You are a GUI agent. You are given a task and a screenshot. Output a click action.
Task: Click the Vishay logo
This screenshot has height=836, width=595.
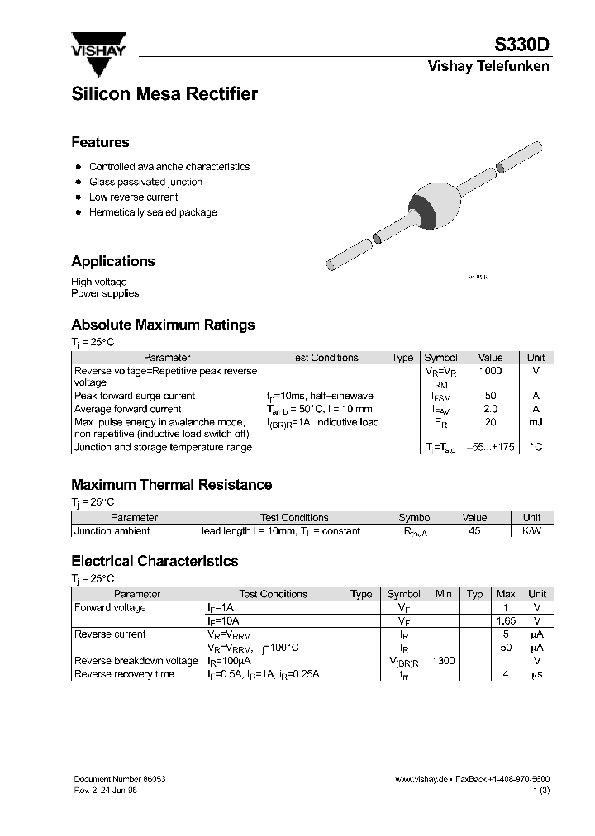[x=98, y=45]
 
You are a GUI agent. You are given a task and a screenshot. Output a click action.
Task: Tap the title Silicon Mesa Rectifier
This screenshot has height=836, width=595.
[x=164, y=94]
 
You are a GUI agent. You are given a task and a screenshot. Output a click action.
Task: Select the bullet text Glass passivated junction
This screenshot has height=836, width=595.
[x=145, y=182]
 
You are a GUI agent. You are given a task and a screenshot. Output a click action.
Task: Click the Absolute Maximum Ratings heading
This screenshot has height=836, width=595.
[x=163, y=325]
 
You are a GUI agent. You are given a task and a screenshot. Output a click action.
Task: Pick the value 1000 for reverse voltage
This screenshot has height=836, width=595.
[x=490, y=371]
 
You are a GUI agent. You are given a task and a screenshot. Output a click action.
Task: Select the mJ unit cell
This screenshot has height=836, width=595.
[x=535, y=422]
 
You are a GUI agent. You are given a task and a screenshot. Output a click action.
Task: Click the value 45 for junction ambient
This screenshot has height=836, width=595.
[x=474, y=531]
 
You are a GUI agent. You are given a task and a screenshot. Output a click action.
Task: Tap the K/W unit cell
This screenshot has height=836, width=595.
[x=532, y=531]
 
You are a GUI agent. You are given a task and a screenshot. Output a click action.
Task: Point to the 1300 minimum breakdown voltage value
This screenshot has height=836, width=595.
[x=443, y=661]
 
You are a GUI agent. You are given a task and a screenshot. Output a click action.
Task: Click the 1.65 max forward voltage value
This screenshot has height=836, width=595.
[x=505, y=620]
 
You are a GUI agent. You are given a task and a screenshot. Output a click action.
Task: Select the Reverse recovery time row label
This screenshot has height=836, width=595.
[x=124, y=674]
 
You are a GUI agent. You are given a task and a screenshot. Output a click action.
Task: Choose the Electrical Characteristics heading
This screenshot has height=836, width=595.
[x=155, y=561]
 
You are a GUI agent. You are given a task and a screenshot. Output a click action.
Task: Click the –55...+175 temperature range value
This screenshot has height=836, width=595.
[x=490, y=447]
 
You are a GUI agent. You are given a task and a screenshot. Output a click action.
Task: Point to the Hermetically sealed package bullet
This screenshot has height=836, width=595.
[x=153, y=212]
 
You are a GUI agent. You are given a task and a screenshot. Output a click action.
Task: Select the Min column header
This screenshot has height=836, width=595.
[x=444, y=594]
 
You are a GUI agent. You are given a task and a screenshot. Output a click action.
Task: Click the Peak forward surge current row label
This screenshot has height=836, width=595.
[x=135, y=396]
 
